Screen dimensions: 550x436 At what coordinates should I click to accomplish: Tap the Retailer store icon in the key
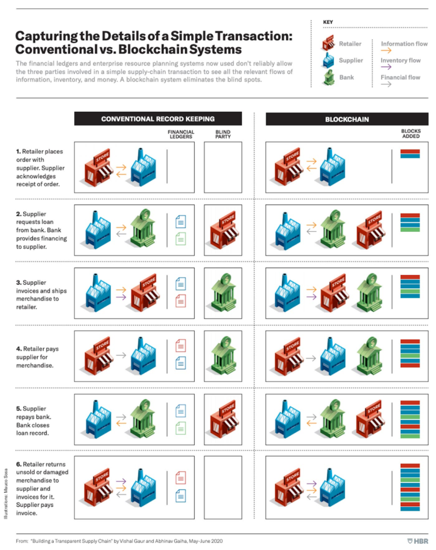pyautogui.click(x=328, y=44)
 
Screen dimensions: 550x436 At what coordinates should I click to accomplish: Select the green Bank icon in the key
pyautogui.click(x=328, y=77)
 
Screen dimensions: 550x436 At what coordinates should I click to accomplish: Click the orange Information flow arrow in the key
pyautogui.click(x=387, y=51)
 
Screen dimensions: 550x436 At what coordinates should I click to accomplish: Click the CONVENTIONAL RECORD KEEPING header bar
pyautogui.click(x=158, y=119)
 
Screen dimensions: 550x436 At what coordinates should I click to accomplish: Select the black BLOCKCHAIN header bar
pyautogui.click(x=346, y=119)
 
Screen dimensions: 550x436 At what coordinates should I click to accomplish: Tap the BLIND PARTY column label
pyautogui.click(x=223, y=135)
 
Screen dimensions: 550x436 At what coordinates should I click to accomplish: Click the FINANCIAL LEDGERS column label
pyautogui.click(x=181, y=135)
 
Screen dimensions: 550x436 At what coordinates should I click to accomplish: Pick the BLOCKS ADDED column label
pyautogui.click(x=410, y=135)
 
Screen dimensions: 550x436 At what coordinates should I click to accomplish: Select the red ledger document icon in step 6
pyautogui.click(x=181, y=477)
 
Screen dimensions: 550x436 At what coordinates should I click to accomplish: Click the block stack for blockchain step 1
pyautogui.click(x=410, y=153)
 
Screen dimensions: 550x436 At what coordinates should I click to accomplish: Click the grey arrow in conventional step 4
pyautogui.click(x=120, y=355)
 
